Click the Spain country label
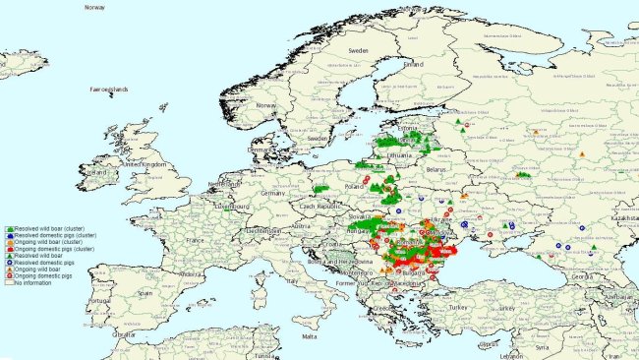145,293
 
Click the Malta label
310,335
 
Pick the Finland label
414,64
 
